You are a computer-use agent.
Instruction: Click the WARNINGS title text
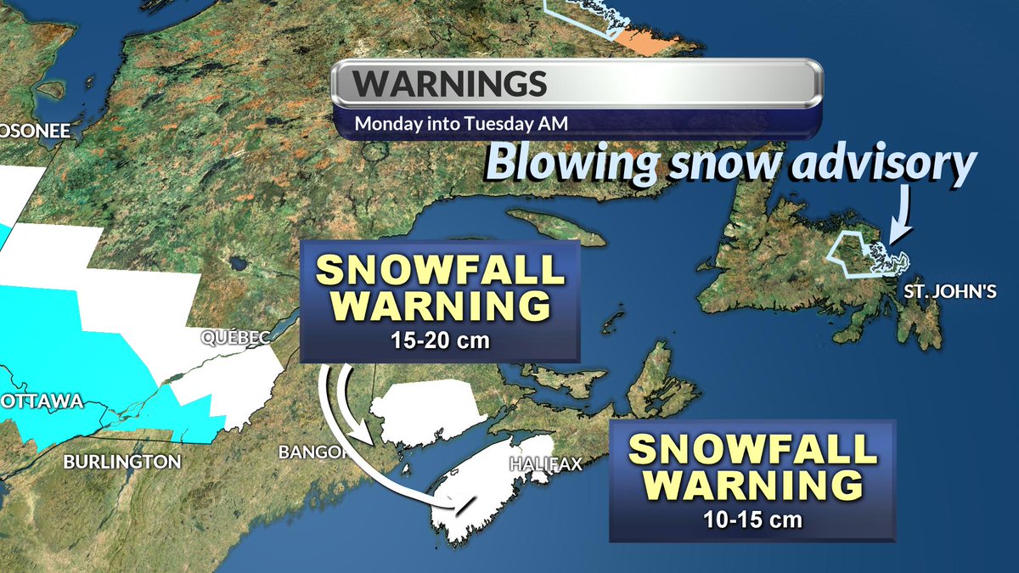[x=449, y=84]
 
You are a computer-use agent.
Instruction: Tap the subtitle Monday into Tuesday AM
[x=460, y=123]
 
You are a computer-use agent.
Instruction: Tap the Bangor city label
[x=312, y=451]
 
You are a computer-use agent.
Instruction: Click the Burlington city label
[x=122, y=463]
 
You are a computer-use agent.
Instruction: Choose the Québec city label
[x=235, y=338]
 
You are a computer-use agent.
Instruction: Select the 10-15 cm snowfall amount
[x=752, y=519]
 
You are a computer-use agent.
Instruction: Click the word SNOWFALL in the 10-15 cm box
[x=752, y=449]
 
